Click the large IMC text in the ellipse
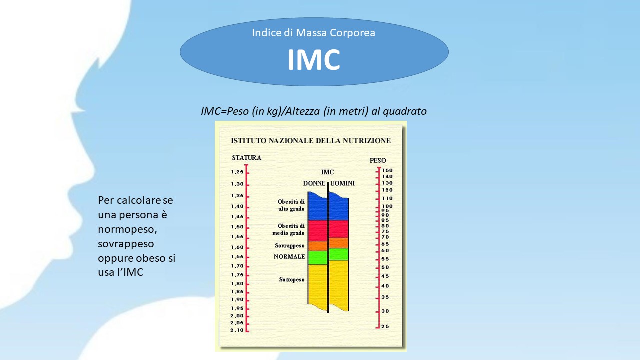[x=313, y=59]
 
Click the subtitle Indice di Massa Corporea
[x=313, y=33]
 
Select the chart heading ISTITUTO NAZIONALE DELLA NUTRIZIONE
[x=311, y=141]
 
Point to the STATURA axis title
[x=247, y=158]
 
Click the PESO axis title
[x=378, y=161]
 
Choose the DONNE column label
[x=314, y=183]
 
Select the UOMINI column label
[x=342, y=183]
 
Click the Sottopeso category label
[x=292, y=280]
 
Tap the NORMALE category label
[x=289, y=257]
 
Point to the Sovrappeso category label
[x=290, y=246]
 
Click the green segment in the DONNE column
[x=317, y=258]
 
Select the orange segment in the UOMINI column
[x=339, y=243]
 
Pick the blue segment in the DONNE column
[x=317, y=206]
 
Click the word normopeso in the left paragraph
[x=127, y=229]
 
